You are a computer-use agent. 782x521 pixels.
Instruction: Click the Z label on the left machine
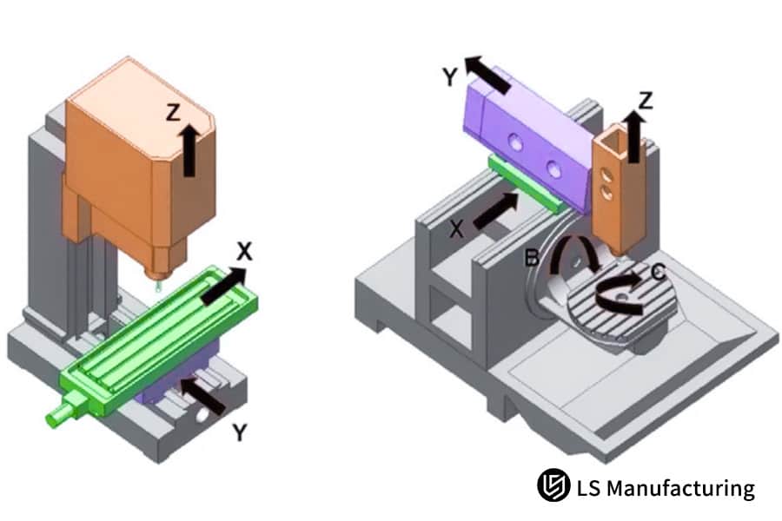tap(173, 113)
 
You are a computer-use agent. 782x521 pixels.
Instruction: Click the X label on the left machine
tap(246, 253)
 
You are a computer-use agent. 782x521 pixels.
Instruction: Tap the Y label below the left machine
tap(240, 432)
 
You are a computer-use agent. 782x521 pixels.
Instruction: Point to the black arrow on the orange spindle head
tap(189, 149)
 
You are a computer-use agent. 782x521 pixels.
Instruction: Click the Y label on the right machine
tap(449, 78)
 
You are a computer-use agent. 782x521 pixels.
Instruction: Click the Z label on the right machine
tap(644, 101)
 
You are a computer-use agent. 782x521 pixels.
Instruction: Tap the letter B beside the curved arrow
tap(532, 256)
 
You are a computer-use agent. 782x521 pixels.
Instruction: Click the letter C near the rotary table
tap(658, 274)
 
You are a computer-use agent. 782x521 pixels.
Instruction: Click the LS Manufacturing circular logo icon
tap(553, 485)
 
